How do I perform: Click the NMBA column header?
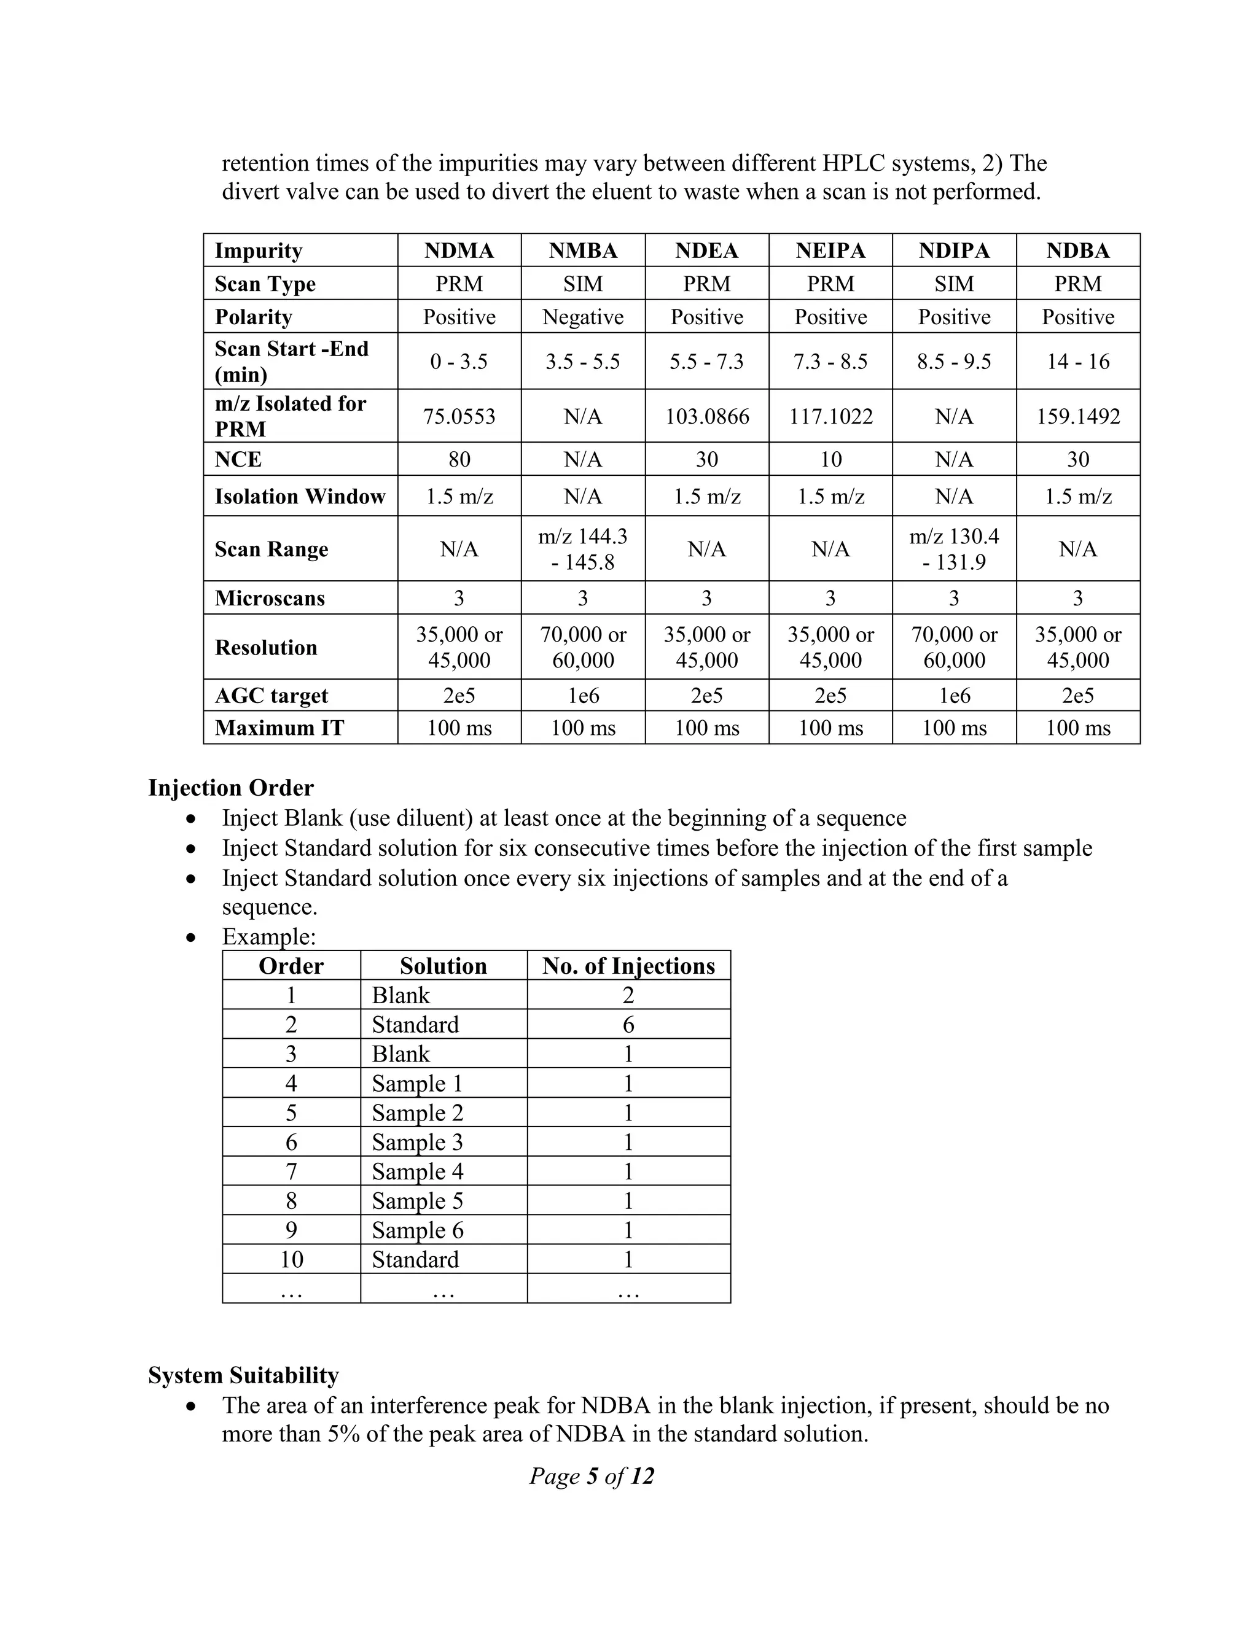pyautogui.click(x=583, y=250)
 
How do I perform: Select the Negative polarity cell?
pyautogui.click(x=583, y=317)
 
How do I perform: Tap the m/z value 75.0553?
pyautogui.click(x=459, y=416)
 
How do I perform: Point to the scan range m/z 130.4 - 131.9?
pyautogui.click(x=954, y=549)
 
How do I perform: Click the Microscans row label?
pyautogui.click(x=270, y=598)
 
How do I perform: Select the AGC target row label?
pyautogui.click(x=272, y=695)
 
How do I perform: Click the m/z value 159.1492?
pyautogui.click(x=1077, y=416)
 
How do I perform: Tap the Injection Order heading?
pyautogui.click(x=231, y=788)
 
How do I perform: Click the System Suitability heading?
pyautogui.click(x=243, y=1375)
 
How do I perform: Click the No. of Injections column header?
pyautogui.click(x=628, y=966)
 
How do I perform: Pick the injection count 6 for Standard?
pyautogui.click(x=628, y=1025)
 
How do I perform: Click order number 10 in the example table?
pyautogui.click(x=291, y=1260)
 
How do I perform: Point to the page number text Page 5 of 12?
pyautogui.click(x=592, y=1476)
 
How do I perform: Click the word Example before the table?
pyautogui.click(x=268, y=936)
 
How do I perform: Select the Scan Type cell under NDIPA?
pyautogui.click(x=954, y=284)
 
